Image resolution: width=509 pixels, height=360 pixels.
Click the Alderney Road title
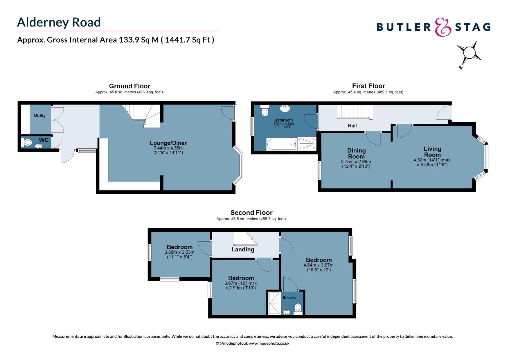tap(59, 22)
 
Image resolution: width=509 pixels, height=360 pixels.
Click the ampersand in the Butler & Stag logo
tap(443, 27)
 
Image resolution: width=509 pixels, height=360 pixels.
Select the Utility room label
tap(40, 115)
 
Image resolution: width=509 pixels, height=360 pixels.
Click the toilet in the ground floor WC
tap(27, 143)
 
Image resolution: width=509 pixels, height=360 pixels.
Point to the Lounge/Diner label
tap(168, 143)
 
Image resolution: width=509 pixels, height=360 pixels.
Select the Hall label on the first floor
tap(352, 126)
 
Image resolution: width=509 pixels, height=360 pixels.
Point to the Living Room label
tap(432, 152)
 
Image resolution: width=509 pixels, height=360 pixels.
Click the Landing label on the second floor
tap(243, 249)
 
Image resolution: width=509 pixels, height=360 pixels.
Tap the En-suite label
tap(289, 298)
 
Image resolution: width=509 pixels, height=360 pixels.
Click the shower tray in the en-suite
tap(274, 303)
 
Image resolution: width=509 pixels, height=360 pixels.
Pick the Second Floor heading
tap(251, 213)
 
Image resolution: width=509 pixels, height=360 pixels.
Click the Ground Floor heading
tap(129, 86)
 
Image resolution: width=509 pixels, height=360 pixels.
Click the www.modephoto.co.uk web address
tap(269, 343)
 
